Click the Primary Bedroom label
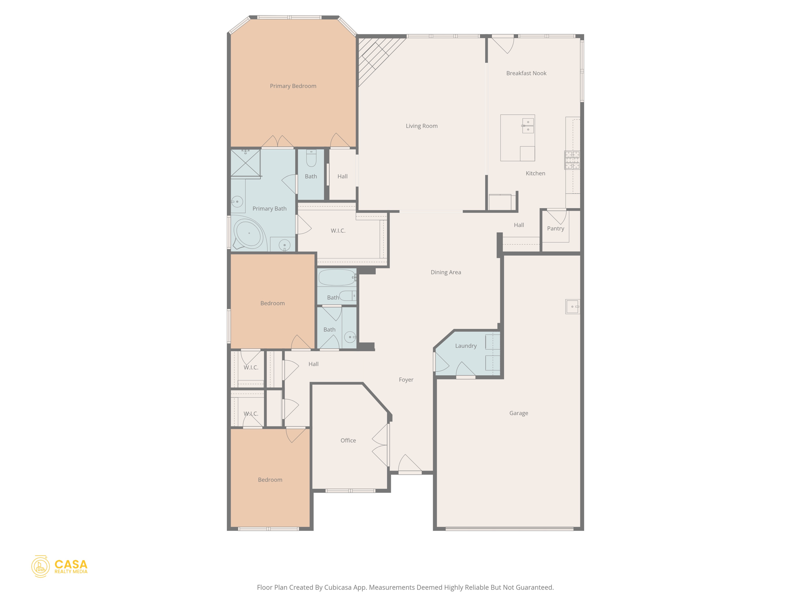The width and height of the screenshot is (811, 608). (x=293, y=86)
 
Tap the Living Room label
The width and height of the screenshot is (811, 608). (x=421, y=126)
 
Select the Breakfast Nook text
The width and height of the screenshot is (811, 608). (x=526, y=73)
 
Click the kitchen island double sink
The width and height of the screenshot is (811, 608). (x=528, y=125)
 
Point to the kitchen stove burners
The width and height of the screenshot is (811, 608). (x=572, y=160)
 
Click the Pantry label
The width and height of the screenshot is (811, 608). (x=555, y=228)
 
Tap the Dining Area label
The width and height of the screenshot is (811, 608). (x=445, y=272)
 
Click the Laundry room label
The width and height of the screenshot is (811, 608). (x=466, y=346)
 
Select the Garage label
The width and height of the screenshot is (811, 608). (x=518, y=413)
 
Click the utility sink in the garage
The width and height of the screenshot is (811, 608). (x=573, y=307)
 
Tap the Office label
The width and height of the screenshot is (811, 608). (x=348, y=441)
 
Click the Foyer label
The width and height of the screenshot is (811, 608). (x=406, y=380)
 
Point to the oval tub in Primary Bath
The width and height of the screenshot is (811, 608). (x=249, y=234)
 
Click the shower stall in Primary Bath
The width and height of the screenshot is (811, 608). (x=246, y=163)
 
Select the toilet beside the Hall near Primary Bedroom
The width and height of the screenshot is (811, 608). (x=311, y=158)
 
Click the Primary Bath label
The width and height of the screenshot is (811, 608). (x=269, y=209)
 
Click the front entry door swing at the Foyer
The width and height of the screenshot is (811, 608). (x=409, y=464)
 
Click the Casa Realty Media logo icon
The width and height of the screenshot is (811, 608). (x=40, y=566)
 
